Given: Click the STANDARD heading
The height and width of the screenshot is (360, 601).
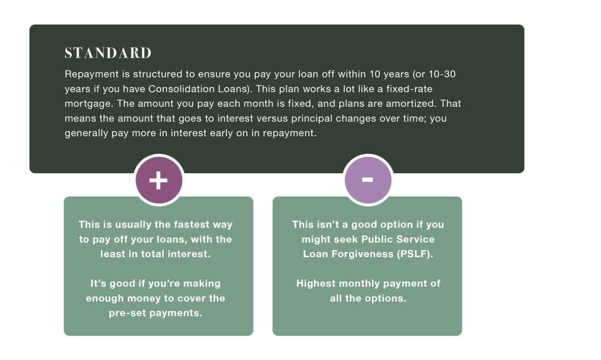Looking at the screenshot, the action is (108, 53).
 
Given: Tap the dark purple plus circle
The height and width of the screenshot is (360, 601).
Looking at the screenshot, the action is (158, 180).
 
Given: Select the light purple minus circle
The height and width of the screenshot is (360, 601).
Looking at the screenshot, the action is (368, 180).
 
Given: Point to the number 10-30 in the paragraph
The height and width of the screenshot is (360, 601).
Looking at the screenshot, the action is (442, 74).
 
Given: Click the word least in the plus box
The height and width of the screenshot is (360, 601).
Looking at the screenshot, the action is (111, 254).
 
